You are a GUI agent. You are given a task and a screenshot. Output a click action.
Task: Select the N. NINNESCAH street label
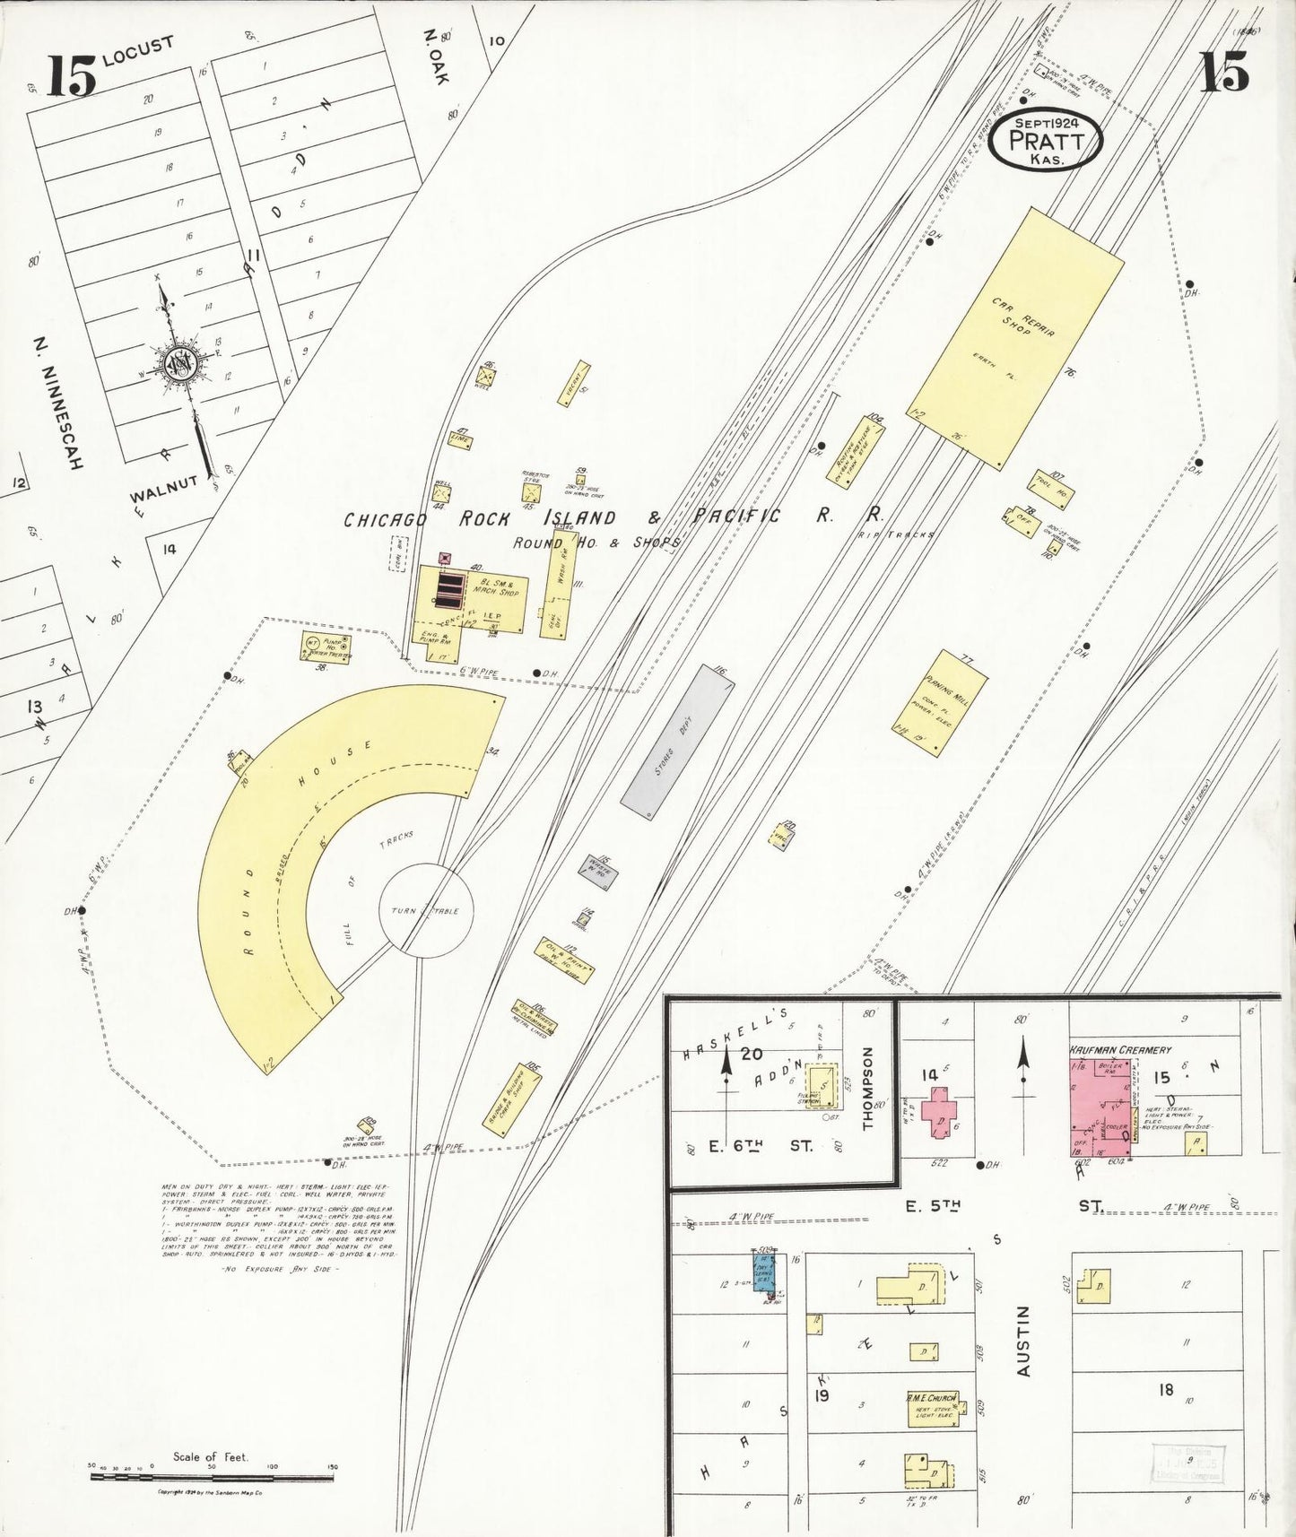[x=59, y=404]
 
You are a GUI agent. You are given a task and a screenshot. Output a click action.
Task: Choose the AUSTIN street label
[x=1023, y=1341]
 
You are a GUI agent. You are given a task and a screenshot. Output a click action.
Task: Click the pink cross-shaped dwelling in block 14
[x=940, y=1112]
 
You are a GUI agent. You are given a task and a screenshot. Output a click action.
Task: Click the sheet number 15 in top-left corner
[x=71, y=76]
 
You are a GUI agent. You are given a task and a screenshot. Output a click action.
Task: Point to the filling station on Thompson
[x=820, y=1086]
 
